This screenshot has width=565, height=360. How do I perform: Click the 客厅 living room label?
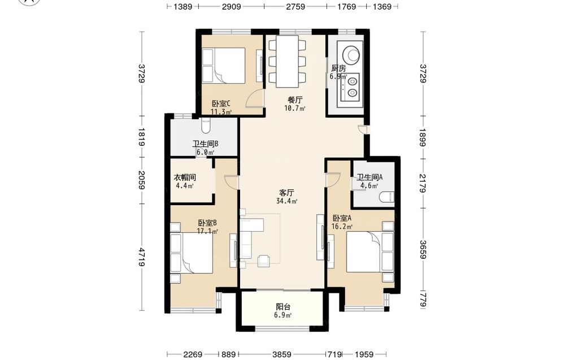coord(286,192)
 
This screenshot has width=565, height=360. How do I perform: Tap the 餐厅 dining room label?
coord(295,100)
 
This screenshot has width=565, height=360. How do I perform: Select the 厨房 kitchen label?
coord(338,68)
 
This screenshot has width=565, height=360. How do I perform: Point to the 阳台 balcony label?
coord(283,307)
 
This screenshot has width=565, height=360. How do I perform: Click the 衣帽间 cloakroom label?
coord(185,177)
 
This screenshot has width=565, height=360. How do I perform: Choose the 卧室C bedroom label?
coord(221,104)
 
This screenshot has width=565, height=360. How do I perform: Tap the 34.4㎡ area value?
coord(286,201)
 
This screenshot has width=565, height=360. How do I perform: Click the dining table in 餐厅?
coord(287,61)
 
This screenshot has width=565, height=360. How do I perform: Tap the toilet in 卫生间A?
coord(387,197)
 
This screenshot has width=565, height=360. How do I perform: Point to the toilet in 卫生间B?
coord(206,125)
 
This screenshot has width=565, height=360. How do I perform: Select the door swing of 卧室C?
coord(255,98)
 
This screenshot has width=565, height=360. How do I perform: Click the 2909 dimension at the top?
coord(231,6)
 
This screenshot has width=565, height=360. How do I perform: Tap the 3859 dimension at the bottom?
coord(282,354)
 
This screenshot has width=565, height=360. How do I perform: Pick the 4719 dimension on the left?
coord(141,257)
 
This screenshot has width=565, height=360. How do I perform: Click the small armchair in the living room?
coord(264,261)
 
